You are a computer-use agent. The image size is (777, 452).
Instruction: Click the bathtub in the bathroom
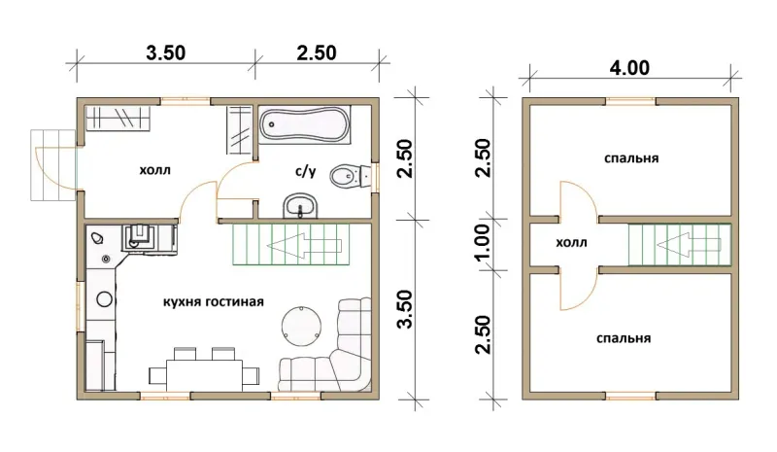pos(304,124)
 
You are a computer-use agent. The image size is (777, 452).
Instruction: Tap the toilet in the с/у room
pos(350,176)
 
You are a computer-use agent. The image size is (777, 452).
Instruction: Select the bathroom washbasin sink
pos(300,205)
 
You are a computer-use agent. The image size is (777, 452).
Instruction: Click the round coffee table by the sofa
pos(301,327)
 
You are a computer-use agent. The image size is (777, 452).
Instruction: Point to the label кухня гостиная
pos(214,301)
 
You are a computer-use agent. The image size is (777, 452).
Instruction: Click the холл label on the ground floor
pos(154,170)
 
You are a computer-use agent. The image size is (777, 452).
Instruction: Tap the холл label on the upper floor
pos(571,243)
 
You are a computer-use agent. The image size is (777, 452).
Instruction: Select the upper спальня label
pos(631,158)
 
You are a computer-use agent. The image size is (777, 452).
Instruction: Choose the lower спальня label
pos(624,338)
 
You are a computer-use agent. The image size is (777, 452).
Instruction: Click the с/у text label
pos(305,172)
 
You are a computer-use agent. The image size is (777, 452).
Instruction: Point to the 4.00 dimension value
pos(629,67)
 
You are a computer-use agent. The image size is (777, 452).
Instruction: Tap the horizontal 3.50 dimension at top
pos(165,52)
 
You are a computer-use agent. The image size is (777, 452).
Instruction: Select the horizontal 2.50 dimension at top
pos(317,52)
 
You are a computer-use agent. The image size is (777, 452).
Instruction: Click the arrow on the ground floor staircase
pos(304,245)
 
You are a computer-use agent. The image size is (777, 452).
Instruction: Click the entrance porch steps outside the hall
pos(53,165)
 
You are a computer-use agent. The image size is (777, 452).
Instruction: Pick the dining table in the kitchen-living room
pos(204,375)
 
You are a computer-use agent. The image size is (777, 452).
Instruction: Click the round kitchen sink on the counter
pos(104,299)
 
